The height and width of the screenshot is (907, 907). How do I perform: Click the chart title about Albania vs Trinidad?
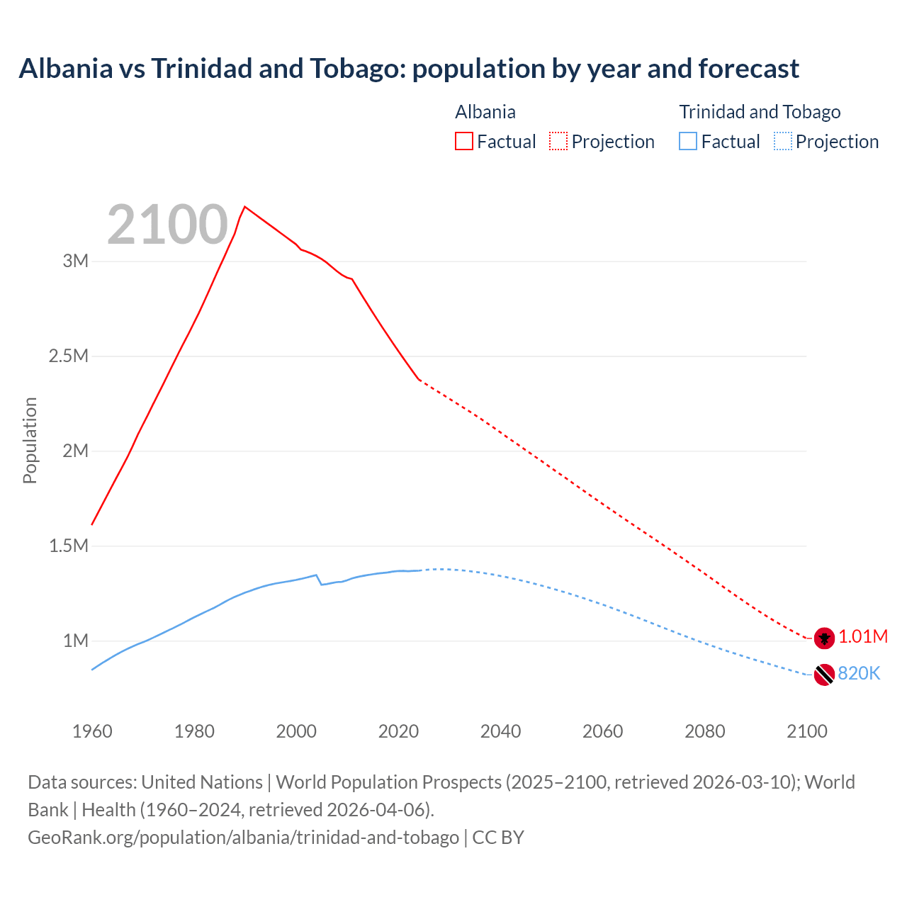(409, 69)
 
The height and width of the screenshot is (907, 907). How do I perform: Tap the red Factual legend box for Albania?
(463, 141)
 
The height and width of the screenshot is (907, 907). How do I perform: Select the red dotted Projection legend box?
(558, 141)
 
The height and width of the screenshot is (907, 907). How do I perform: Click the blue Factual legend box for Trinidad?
(688, 141)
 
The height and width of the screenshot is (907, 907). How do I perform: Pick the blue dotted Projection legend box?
(782, 141)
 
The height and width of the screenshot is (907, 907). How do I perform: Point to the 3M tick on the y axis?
(75, 261)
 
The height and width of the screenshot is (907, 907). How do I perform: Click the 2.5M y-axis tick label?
(68, 356)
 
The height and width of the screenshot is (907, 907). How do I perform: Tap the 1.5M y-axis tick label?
(68, 546)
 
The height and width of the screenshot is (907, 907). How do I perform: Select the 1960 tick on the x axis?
(92, 731)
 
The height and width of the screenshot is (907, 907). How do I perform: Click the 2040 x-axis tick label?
(500, 731)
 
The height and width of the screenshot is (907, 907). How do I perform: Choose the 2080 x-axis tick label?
(704, 731)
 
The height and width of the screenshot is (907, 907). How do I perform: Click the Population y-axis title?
(30, 440)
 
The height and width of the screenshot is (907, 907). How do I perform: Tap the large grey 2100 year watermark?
(167, 225)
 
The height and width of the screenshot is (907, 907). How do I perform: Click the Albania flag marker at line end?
(824, 638)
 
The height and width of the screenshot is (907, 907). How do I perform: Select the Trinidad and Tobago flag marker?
(824, 675)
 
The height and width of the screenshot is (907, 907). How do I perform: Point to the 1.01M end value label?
(863, 637)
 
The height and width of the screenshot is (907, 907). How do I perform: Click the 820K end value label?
(859, 674)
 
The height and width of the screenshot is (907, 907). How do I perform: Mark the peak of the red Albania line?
(244, 207)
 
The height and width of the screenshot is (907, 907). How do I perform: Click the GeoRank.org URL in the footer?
(243, 838)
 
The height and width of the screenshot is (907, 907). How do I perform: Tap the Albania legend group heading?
(485, 112)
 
